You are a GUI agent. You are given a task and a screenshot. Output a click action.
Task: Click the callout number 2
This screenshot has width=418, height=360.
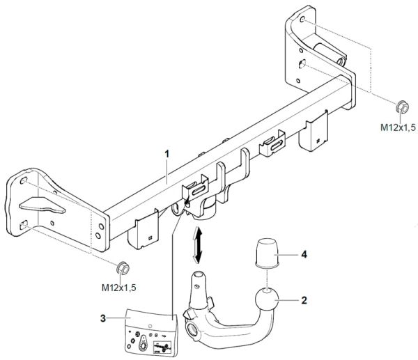coord(304,302)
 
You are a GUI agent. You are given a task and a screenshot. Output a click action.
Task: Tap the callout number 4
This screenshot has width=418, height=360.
coord(304,255)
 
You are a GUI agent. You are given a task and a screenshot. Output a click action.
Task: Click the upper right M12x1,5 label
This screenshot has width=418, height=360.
coord(398,127)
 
